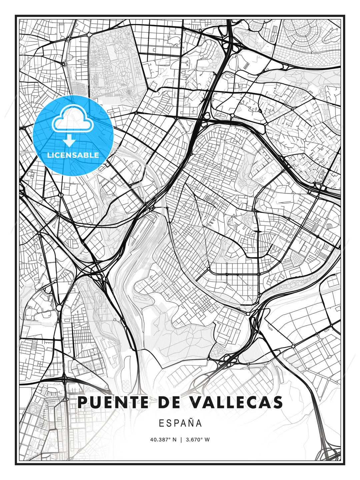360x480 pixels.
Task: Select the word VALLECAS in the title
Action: click(236, 402)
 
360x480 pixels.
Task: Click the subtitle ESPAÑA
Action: click(180, 423)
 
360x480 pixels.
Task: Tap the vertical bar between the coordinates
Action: click(181, 440)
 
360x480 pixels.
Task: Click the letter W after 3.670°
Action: click(207, 440)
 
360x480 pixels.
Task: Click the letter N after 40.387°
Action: click(174, 440)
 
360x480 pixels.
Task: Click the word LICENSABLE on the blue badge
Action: click(73, 155)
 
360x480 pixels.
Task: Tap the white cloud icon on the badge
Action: click(71, 119)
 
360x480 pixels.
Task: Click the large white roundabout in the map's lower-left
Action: click(59, 307)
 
